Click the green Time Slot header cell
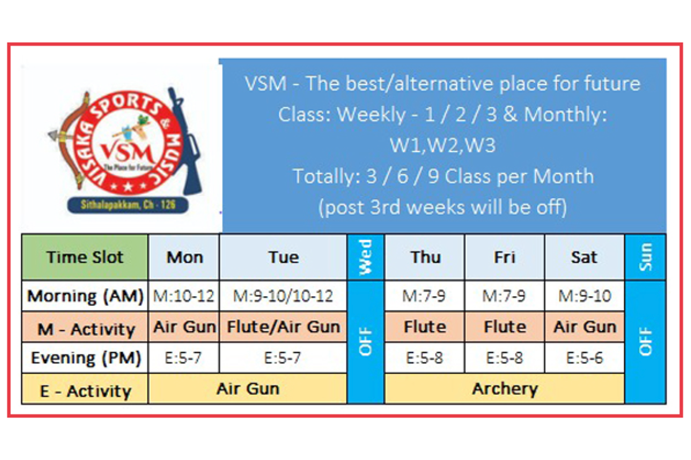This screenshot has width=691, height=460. tap(85, 257)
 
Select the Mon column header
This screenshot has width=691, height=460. tap(184, 257)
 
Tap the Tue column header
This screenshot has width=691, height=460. tap(283, 257)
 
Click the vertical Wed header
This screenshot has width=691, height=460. tap(366, 257)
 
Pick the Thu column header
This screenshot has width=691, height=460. tap(425, 257)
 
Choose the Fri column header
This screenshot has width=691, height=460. tap(504, 257)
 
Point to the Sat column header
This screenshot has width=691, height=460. tap(584, 257)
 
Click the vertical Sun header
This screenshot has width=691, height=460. tap(646, 257)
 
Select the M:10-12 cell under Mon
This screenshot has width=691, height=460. tap(184, 296)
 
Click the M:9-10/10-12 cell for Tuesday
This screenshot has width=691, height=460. tap(283, 296)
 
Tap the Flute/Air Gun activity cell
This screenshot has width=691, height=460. tap(283, 327)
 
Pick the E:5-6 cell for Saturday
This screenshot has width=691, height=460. tap(584, 358)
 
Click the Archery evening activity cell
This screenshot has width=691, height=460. tap(504, 389)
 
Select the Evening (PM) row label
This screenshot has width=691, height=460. tap(85, 358)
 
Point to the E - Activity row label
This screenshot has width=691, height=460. tap(85, 389)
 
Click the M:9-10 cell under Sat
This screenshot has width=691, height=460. tap(584, 296)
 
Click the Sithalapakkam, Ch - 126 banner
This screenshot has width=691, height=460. tap(128, 205)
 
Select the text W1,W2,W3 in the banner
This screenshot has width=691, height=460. tap(443, 145)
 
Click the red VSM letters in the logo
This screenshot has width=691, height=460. tap(127, 152)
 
